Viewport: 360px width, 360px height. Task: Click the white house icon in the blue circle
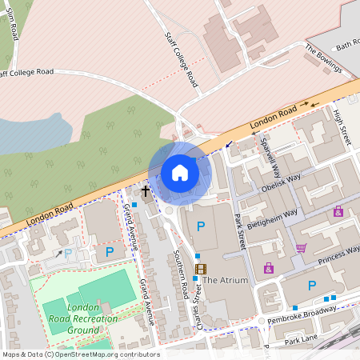pos(179,172)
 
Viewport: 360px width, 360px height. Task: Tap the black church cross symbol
pos(146,190)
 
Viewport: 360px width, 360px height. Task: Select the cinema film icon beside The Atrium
pos(200,269)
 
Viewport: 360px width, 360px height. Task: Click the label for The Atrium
pos(225,281)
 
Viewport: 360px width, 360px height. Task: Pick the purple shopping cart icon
pos(302,248)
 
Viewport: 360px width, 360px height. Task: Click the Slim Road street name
pos(13,26)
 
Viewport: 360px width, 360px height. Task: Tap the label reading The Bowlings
pos(323,58)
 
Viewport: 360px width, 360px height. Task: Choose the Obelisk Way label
pos(280,182)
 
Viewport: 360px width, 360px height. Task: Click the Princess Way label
pos(338,254)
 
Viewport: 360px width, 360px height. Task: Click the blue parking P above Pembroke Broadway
pos(312,286)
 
